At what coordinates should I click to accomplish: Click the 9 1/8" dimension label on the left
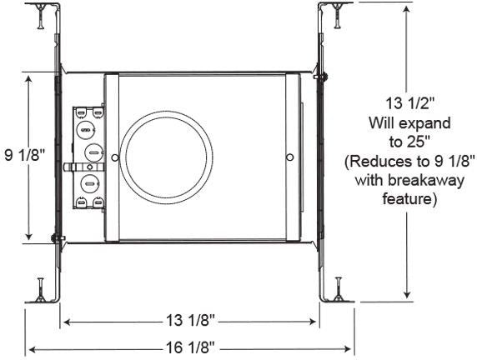25,155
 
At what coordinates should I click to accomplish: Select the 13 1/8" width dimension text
190,320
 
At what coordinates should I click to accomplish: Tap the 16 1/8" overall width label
190,347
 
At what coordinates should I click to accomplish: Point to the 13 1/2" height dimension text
409,103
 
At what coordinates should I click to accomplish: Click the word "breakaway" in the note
426,181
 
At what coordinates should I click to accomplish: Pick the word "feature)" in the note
409,199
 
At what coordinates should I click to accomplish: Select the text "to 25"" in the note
409,142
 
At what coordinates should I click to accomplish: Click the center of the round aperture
167,157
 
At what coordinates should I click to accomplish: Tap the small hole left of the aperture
115,157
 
